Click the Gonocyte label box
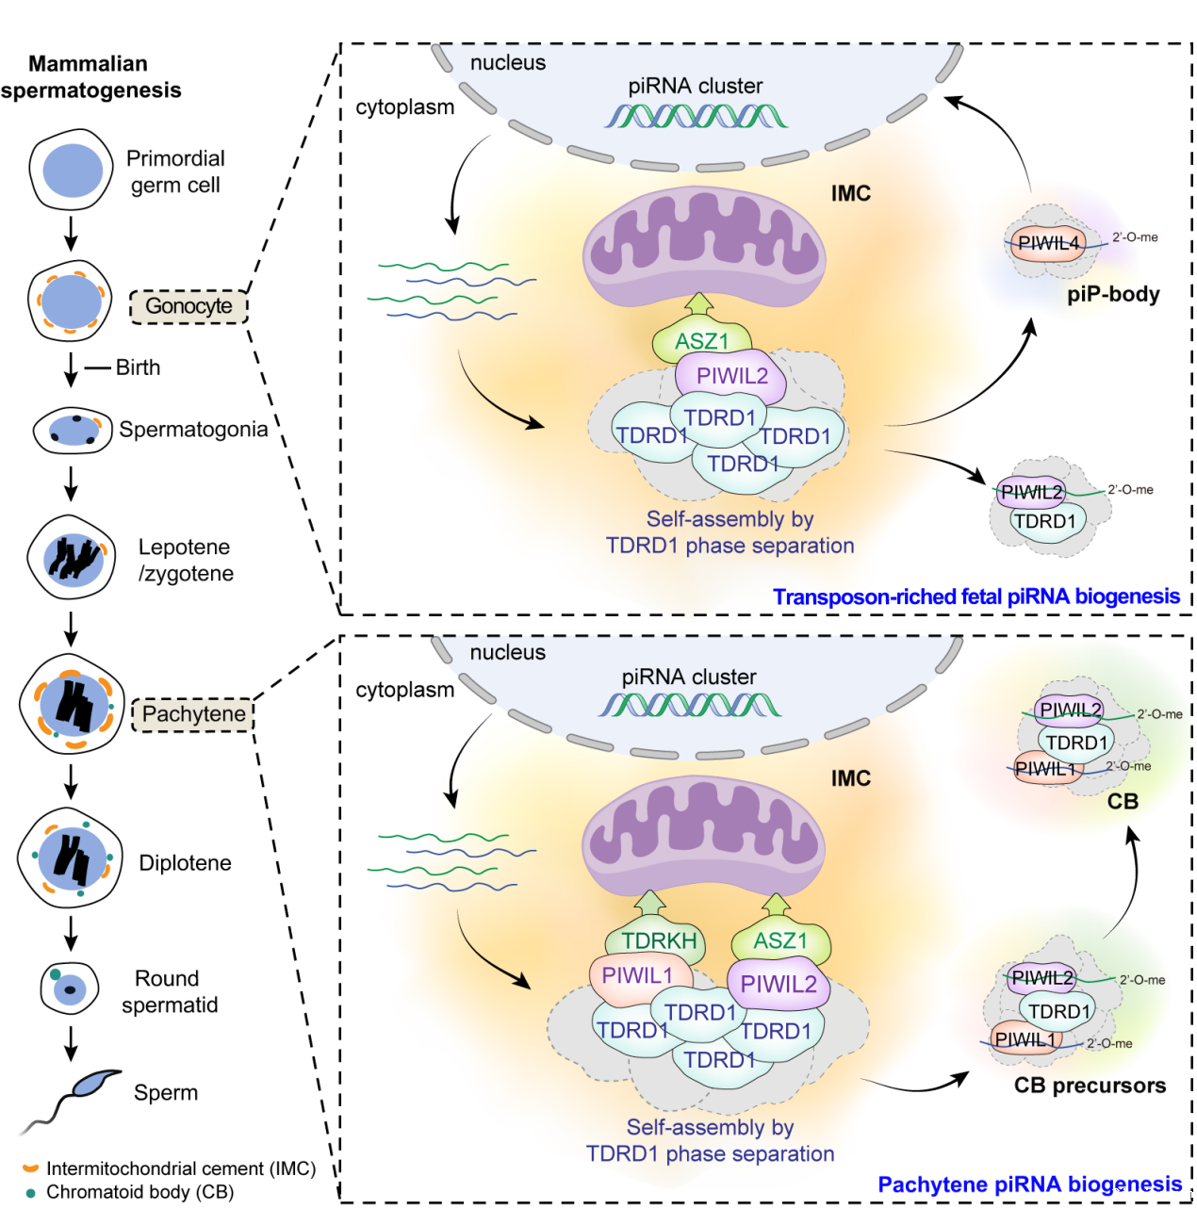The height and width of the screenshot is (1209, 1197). (x=189, y=306)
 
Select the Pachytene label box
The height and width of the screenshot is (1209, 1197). (x=193, y=714)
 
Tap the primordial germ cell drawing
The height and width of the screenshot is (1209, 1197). (x=71, y=171)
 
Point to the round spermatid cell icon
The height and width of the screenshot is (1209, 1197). (x=69, y=988)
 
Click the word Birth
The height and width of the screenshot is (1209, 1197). (x=138, y=368)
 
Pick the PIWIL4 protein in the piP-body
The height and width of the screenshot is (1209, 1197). (x=1047, y=243)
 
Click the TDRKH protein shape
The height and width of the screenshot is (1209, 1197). (x=659, y=940)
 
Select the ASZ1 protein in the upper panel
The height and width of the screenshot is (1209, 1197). (x=702, y=341)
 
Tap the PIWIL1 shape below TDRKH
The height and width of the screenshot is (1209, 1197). (x=637, y=976)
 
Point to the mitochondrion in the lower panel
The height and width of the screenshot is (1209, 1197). (x=703, y=834)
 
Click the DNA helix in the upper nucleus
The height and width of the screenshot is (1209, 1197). (x=696, y=116)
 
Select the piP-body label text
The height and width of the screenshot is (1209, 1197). (x=1113, y=294)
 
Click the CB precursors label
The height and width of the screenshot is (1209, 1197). (x=1090, y=1086)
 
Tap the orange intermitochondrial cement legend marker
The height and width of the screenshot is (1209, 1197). (x=30, y=1168)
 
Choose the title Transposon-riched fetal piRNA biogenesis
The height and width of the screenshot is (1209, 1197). (x=976, y=596)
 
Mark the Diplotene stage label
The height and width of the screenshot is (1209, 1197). (x=185, y=863)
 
